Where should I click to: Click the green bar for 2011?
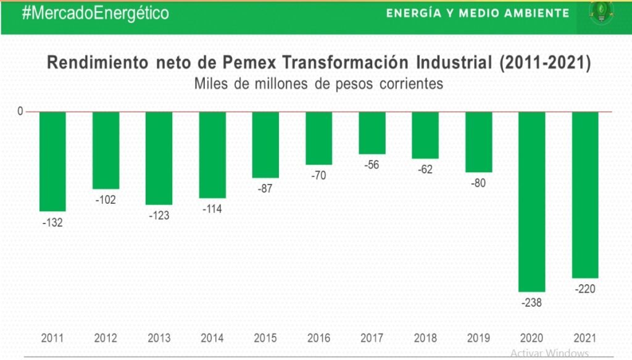52,161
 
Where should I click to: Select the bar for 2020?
532,201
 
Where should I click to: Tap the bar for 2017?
372,133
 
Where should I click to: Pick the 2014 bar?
212,155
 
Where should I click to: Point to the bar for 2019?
479,142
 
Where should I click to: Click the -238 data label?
532,303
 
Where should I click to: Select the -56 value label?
372,164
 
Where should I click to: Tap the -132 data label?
52,222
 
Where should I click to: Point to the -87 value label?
266,189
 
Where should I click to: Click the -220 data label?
585,289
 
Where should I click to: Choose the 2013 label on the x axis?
159,338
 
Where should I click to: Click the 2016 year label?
319,338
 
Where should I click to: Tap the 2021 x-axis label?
585,338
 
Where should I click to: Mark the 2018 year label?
425,338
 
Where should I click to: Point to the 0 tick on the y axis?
20,111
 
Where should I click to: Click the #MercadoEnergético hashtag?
95,13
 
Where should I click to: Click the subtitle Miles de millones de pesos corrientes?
318,83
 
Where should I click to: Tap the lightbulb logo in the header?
597,13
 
